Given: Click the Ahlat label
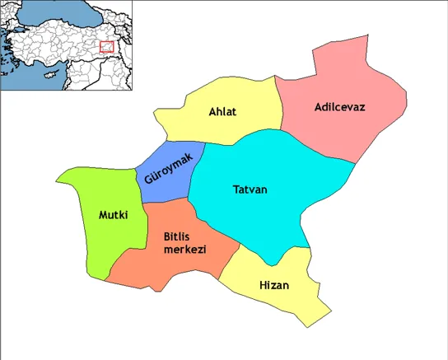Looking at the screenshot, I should pyautogui.click(x=223, y=112).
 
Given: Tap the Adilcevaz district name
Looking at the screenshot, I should pyautogui.click(x=338, y=107).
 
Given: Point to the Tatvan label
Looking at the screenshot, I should pyautogui.click(x=250, y=189).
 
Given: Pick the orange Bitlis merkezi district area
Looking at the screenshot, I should pyautogui.click(x=148, y=268).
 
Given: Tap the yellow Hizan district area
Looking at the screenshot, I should pyautogui.click(x=284, y=301).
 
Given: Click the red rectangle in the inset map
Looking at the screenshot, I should pyautogui.click(x=106, y=47).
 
